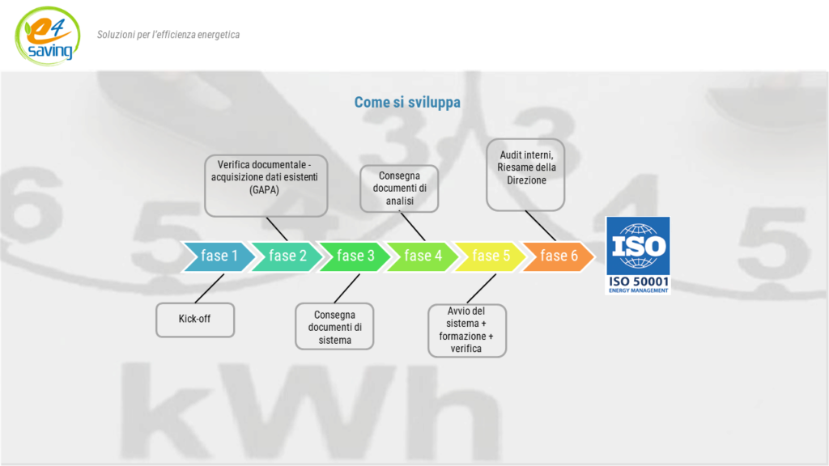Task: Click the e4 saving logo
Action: click(48, 36)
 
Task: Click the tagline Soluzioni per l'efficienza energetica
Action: click(168, 35)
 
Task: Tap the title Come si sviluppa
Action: click(407, 102)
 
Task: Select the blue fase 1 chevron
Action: click(218, 256)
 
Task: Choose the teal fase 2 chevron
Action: click(286, 256)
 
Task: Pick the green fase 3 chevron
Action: click(354, 256)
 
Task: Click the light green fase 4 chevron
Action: click(422, 256)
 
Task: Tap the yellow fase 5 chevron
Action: click(490, 256)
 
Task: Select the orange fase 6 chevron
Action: click(558, 256)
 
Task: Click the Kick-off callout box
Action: click(195, 320)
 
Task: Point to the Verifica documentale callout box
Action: click(266, 185)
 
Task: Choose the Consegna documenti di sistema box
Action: click(334, 326)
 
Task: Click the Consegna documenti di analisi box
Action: click(399, 189)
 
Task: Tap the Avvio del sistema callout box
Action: click(467, 330)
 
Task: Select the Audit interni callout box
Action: click(525, 175)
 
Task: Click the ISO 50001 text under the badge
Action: click(639, 282)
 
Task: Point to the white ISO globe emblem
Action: click(638, 246)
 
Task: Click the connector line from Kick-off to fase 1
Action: click(210, 289)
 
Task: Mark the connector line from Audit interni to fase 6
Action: click(540, 226)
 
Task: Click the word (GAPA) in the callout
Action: click(264, 189)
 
